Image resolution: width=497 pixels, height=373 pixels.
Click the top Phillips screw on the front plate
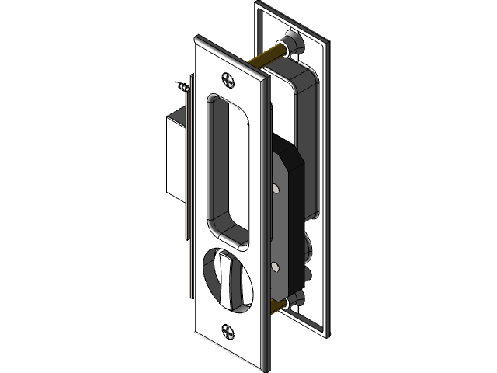(228, 78)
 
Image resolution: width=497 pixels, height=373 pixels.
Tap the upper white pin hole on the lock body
(278, 187)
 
